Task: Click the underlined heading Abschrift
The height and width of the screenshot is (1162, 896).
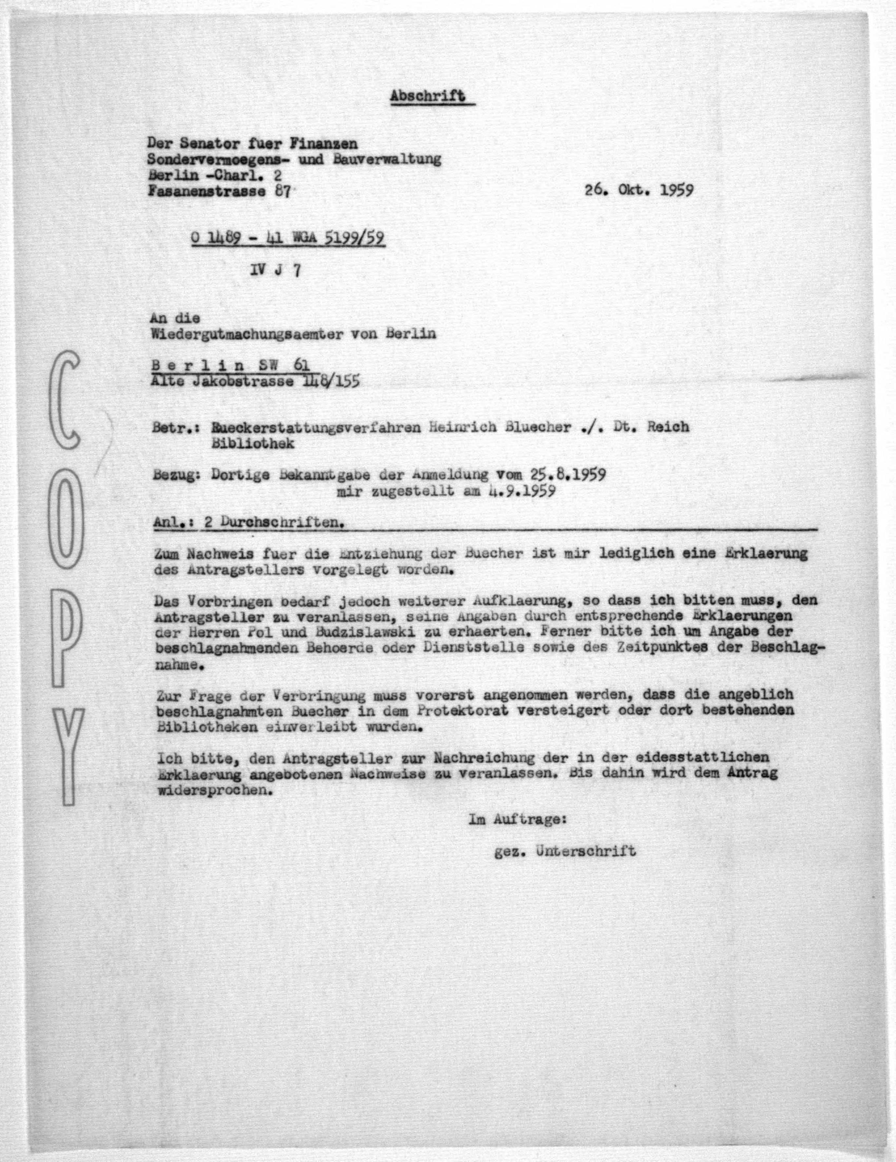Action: point(428,96)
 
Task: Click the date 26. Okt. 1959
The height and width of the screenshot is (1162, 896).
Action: point(639,190)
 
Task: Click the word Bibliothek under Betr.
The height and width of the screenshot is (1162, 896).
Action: point(253,443)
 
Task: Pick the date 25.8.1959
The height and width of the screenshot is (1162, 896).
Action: point(567,474)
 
